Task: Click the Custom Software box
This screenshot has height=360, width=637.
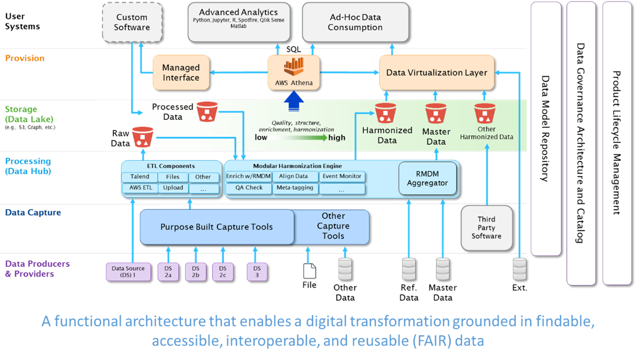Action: (132, 22)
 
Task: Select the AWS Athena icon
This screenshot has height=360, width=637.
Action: (294, 67)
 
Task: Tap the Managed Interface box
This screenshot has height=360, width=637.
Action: (181, 73)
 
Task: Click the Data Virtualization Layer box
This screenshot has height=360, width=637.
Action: (437, 73)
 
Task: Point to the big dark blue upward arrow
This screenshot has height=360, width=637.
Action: (294, 101)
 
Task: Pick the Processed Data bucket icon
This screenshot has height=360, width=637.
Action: (207, 111)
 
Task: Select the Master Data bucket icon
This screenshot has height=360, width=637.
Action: (436, 113)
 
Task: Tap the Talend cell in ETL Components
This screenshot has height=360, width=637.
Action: (140, 177)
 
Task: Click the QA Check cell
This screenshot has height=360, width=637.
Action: (249, 188)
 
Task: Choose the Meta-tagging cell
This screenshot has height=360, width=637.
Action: (295, 188)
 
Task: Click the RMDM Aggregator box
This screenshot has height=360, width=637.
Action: (427, 178)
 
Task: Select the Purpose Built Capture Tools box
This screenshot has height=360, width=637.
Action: (217, 227)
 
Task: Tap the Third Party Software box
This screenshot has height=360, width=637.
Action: (486, 228)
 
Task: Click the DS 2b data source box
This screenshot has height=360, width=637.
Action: (196, 272)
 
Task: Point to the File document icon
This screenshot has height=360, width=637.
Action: (309, 271)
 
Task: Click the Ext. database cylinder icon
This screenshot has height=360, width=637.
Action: (520, 269)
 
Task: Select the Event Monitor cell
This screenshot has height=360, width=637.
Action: (342, 176)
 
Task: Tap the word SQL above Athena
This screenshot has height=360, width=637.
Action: (293, 49)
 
